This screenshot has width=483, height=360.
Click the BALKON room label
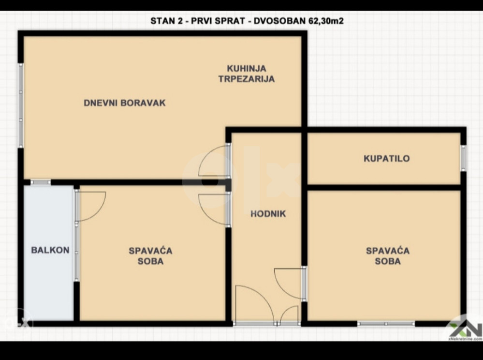point(50,250)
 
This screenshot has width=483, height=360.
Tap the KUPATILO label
point(387,158)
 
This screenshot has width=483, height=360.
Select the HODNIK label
point(268,214)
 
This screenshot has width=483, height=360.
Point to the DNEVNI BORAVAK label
point(125,103)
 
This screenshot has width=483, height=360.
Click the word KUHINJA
point(247,68)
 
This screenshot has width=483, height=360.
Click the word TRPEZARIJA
point(247,79)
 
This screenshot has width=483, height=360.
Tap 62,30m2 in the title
point(326,21)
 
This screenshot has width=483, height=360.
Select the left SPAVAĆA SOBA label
point(151,256)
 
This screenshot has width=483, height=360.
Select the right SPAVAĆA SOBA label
point(387,256)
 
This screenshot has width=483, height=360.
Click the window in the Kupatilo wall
point(463,158)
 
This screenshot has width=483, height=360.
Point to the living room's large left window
point(21,105)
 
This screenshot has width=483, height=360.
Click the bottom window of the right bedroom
point(386,324)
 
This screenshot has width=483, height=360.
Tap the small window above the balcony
point(40,182)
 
